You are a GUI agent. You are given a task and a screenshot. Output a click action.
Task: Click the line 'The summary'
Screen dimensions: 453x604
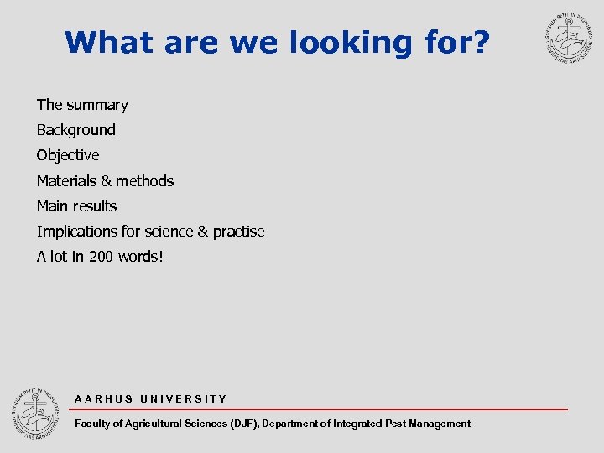(82, 105)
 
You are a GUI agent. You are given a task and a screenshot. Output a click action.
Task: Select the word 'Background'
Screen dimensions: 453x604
(75, 130)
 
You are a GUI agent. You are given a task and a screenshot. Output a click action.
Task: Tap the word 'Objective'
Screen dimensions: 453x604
(68, 155)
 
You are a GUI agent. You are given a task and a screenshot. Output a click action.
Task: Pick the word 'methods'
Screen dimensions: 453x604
(145, 180)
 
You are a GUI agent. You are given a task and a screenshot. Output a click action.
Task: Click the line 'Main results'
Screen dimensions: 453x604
(76, 206)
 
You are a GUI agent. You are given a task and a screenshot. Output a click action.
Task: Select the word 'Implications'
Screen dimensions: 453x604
(78, 231)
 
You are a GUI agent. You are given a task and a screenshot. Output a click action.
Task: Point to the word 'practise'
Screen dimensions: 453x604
(238, 231)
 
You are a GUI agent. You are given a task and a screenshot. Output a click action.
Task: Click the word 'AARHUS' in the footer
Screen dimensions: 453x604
(103, 399)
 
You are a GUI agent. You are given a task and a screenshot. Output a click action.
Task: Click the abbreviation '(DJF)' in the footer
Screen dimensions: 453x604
(245, 424)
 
